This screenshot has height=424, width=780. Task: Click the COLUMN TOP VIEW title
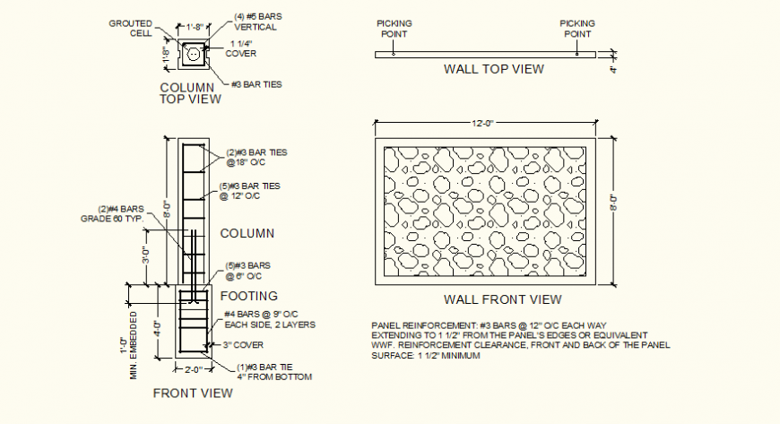[x=189, y=93]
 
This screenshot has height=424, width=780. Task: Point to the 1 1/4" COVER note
[x=241, y=48]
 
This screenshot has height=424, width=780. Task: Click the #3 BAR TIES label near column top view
[x=256, y=84]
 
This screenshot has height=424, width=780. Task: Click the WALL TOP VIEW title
[x=493, y=68]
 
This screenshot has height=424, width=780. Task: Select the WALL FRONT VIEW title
[x=503, y=299]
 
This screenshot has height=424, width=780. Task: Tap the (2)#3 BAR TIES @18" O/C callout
[x=257, y=158]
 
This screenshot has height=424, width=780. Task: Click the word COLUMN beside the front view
[x=247, y=233]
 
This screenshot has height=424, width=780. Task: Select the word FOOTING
[x=248, y=295]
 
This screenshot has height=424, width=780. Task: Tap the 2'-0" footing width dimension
[x=193, y=368]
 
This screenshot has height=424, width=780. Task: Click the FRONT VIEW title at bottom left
[x=193, y=393]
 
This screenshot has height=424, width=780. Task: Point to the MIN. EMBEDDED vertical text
[x=134, y=344]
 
